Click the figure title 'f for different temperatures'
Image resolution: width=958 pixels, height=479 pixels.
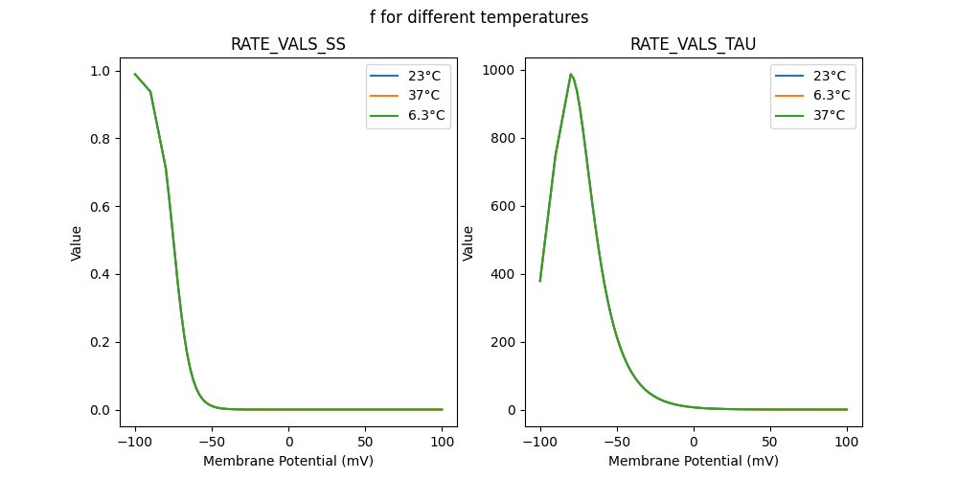[x=479, y=17]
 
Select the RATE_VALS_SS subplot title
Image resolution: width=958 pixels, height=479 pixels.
[x=288, y=44]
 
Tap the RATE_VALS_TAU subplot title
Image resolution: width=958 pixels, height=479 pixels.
[x=693, y=44]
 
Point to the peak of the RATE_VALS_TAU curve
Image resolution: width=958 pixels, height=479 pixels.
[x=571, y=74]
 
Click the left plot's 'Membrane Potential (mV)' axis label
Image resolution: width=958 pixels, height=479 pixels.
[x=288, y=461]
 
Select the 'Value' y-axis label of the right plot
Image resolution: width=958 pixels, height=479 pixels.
[x=468, y=243]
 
